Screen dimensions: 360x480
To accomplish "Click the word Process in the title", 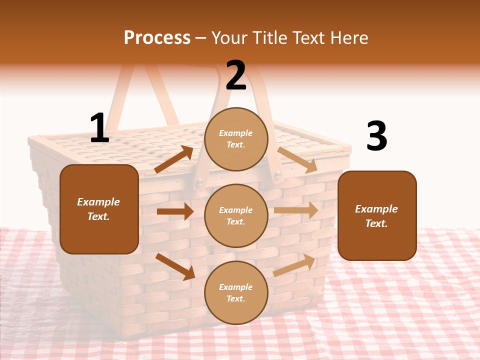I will (157, 38).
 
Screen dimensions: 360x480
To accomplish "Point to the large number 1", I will (99, 128).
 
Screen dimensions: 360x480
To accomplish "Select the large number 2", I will (236, 75).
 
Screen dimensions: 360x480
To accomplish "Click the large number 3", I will (376, 136).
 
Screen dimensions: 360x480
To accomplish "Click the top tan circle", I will (236, 139).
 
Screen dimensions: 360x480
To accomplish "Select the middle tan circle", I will (236, 215).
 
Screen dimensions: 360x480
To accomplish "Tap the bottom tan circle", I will (236, 292).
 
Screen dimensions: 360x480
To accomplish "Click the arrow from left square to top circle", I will (174, 159).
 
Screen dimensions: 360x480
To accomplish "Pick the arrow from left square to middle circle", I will (175, 211).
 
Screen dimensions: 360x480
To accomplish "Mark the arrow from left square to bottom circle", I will (175, 266).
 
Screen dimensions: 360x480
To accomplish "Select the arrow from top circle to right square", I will (297, 159).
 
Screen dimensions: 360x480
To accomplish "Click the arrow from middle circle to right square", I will (296, 210).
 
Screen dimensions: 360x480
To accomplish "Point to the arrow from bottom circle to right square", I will (294, 264).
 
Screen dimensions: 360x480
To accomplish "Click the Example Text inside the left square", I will (99, 209).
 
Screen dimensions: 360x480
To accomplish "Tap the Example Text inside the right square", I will (377, 216).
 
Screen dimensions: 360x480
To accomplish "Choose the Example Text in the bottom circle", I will (236, 292).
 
